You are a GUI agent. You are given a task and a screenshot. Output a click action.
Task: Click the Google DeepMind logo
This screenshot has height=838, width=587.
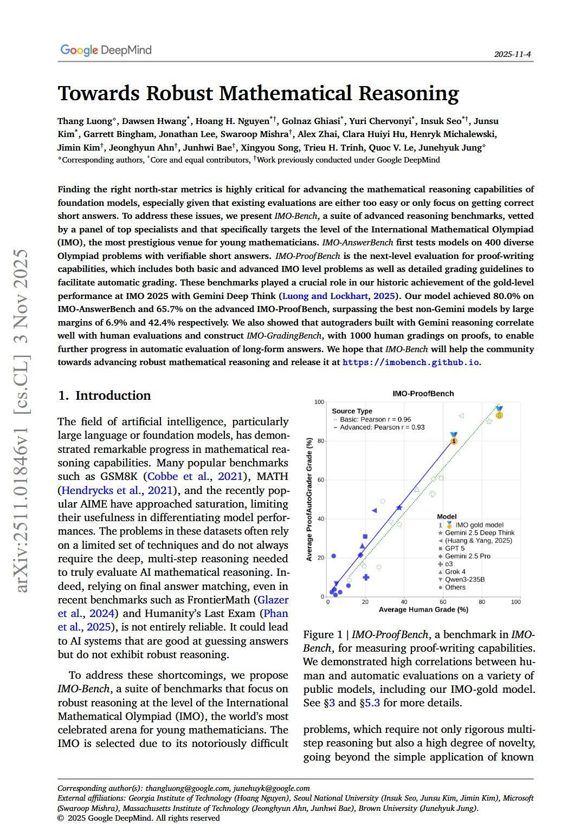[x=106, y=50]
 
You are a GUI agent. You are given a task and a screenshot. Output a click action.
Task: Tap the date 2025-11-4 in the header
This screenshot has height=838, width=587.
[x=512, y=54]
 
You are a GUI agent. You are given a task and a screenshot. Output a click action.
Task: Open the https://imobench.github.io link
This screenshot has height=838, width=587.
[x=411, y=362]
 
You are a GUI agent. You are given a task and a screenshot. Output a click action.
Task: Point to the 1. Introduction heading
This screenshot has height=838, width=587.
[x=104, y=395]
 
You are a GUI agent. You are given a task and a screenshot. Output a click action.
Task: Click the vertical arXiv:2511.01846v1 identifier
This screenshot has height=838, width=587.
[x=22, y=420]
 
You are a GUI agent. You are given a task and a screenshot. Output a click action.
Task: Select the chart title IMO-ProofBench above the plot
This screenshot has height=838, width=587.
[x=423, y=393]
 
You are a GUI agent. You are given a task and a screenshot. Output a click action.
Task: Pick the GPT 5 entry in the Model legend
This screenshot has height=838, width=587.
[x=455, y=548]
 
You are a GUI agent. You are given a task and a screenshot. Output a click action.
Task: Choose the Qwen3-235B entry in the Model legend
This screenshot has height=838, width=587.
[x=465, y=579]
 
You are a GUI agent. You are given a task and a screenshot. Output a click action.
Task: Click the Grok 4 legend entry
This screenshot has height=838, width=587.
[x=455, y=571]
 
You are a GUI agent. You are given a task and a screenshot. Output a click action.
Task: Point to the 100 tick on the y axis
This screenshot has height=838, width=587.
[x=319, y=402]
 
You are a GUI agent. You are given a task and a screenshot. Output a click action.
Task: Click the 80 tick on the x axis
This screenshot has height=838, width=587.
[x=481, y=602]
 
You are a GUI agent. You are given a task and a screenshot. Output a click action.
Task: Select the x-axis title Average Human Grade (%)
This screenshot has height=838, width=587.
[x=423, y=609]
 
